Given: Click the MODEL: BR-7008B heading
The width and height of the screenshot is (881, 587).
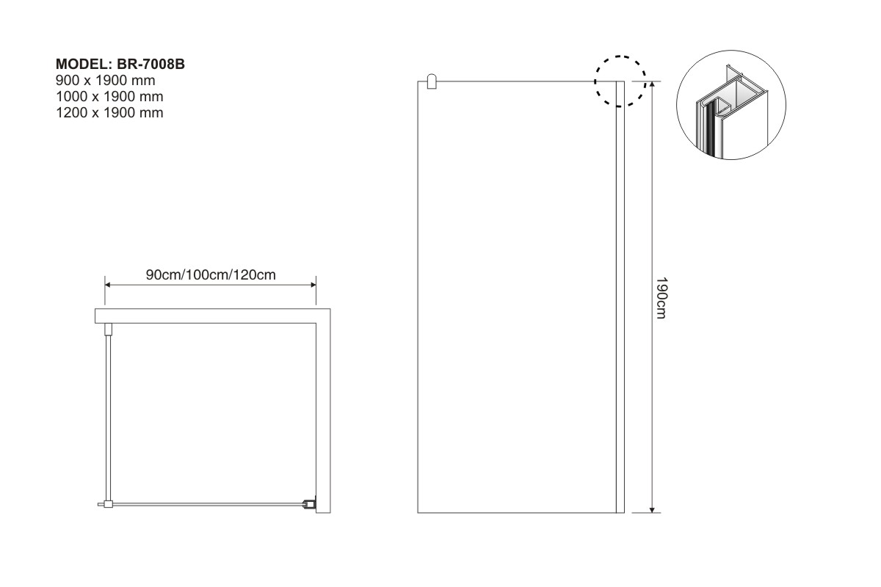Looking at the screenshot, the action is coord(120,64).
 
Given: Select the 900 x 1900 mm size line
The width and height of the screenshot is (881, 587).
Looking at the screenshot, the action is coord(106,80).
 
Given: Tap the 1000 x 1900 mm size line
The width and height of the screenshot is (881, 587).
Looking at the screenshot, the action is coord(109,96).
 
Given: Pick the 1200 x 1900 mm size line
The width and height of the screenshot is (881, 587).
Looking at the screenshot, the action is coord(109,112).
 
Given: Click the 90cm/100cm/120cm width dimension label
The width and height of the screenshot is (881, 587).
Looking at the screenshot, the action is coord(211,274).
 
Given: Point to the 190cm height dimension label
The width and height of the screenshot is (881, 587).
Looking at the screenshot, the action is coord(661,298).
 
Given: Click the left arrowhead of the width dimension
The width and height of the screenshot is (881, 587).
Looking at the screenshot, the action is coord(108,285).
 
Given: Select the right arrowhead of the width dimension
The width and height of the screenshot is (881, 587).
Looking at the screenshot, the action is coord(313,285).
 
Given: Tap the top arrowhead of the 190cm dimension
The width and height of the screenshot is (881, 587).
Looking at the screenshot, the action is coord(652,84).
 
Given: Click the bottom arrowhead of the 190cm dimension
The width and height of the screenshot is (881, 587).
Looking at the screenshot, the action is coord(652,510).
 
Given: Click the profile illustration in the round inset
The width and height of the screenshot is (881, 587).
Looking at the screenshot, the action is coord(731,110).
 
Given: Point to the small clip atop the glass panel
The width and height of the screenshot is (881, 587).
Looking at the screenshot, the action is coord(432,81).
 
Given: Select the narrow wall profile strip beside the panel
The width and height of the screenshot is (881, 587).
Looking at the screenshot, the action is coord(620,297).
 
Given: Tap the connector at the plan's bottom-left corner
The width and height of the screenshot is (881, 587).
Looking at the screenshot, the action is coord(106,503).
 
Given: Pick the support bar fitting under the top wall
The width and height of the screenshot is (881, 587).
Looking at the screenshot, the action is coord(108,329).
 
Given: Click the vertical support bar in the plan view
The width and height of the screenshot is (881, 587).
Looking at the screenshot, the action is coord(108,418).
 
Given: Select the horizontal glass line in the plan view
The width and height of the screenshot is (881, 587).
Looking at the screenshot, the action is coord(207,503).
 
